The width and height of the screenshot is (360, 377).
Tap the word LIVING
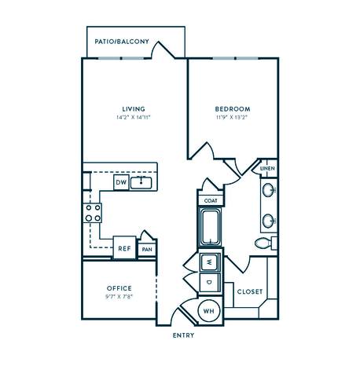point(133,108)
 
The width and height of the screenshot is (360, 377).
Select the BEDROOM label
point(232,108)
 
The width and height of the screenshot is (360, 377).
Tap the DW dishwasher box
point(120,182)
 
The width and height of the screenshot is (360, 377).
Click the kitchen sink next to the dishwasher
point(141,183)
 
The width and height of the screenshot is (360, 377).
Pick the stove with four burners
point(94,212)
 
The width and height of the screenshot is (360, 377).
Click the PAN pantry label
point(147,250)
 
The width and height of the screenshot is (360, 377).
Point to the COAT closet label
point(210,200)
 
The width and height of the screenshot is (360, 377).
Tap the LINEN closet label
point(267,169)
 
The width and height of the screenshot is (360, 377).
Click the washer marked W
point(210,261)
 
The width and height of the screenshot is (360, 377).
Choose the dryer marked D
point(210,280)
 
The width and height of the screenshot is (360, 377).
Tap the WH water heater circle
point(209,310)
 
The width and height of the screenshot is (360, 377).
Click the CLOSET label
point(250,291)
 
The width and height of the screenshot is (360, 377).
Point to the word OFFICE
point(119,288)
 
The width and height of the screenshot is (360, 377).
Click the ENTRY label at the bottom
point(184,335)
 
